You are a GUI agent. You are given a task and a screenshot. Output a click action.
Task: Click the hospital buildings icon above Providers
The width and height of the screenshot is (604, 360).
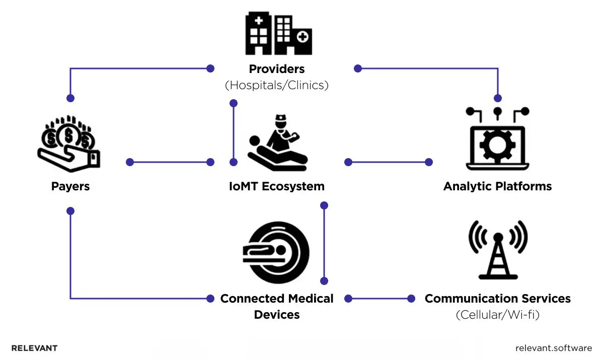278,33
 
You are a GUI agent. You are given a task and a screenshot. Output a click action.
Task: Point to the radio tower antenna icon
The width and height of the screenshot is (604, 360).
497,249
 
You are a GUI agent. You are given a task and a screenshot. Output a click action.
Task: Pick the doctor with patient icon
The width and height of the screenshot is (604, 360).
277,143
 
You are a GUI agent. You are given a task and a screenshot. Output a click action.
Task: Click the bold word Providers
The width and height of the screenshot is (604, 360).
277,68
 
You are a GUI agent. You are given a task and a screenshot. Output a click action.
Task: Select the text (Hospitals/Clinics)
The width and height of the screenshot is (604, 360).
277,85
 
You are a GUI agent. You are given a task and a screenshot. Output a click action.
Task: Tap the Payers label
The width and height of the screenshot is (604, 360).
70,186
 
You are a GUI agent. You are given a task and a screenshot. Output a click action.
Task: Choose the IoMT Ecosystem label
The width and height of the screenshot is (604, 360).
277,186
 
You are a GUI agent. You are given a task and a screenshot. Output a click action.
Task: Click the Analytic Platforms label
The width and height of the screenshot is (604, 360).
497,186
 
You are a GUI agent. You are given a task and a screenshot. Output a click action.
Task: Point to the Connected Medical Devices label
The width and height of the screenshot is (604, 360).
277,306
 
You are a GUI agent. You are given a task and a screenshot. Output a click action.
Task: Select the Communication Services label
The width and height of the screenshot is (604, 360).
497,299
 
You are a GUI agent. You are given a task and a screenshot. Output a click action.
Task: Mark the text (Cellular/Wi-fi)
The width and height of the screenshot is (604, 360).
497,315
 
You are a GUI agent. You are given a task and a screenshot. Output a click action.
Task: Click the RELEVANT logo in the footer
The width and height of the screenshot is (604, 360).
34,348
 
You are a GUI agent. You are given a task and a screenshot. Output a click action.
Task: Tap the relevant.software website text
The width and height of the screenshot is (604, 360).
554,348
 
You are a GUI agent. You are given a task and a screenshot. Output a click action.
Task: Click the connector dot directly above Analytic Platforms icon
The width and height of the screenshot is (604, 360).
498,98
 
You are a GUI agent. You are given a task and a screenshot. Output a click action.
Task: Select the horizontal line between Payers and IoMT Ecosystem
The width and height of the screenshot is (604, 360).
170,162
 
